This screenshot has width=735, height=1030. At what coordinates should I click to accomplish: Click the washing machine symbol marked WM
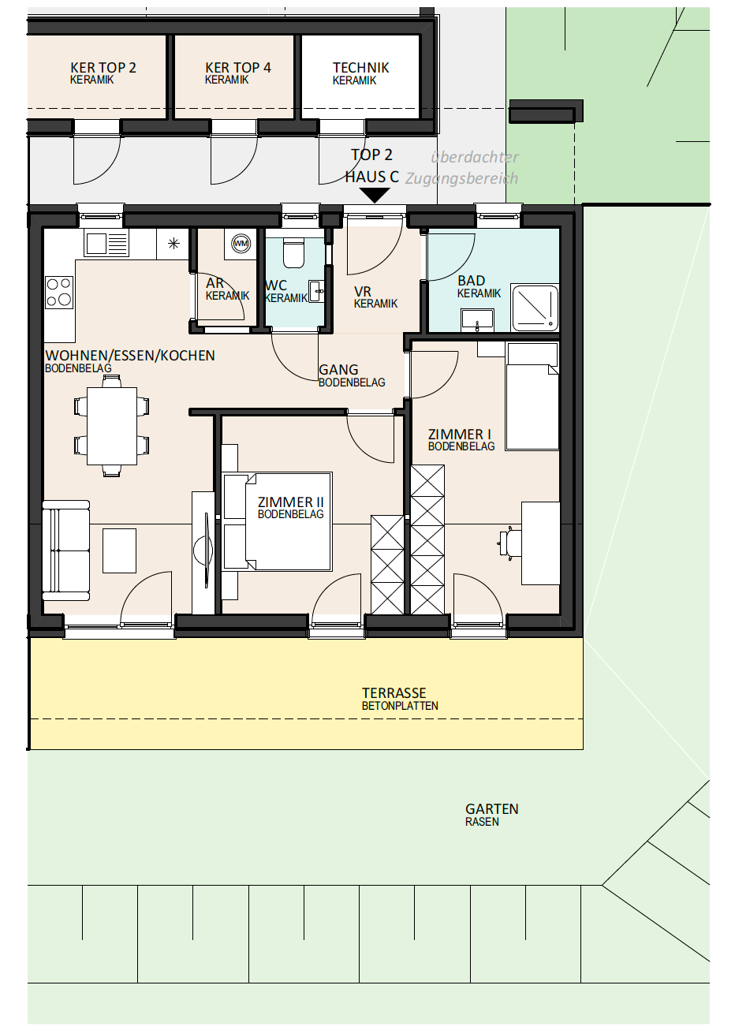tap(241, 244)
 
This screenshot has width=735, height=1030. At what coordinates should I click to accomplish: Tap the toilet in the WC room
tap(293, 252)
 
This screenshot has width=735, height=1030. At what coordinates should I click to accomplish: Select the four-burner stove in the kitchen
tap(59, 293)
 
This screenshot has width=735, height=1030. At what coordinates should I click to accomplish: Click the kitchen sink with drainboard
tap(106, 243)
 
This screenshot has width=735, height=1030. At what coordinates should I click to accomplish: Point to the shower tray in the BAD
tap(535, 308)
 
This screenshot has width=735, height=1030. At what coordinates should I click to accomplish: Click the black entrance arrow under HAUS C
tap(375, 195)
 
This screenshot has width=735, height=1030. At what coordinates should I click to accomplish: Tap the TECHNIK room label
tap(361, 68)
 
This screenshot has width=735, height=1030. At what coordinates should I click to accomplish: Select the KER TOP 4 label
tap(238, 68)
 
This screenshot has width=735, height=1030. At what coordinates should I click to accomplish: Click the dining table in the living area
tap(112, 426)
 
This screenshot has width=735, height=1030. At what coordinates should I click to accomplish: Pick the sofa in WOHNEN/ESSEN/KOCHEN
tap(65, 550)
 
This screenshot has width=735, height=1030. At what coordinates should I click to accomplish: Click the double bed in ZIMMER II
tap(277, 521)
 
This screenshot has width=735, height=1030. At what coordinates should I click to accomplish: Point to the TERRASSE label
tap(394, 693)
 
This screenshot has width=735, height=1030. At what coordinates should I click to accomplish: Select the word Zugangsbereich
tap(461, 178)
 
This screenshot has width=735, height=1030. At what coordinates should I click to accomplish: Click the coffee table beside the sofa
tap(120, 550)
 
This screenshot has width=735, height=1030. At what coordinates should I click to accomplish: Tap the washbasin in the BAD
tap(478, 320)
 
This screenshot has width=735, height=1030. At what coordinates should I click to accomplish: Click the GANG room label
tap(338, 370)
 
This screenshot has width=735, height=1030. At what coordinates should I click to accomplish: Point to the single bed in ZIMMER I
tap(532, 396)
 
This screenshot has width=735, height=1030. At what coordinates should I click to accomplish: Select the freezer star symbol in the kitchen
tap(173, 243)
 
